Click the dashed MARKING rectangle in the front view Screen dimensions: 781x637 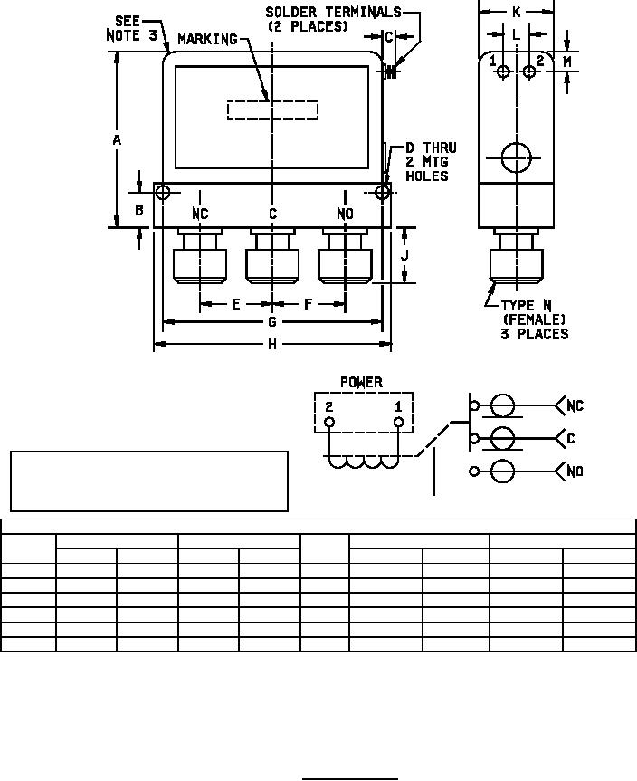coord(272,110)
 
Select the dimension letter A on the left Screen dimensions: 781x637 coord(117,140)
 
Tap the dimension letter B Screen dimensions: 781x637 coord(139,210)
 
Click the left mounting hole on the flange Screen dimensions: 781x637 coord(162,192)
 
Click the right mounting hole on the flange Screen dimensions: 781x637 coord(383,192)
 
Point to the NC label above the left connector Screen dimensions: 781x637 coord(200,214)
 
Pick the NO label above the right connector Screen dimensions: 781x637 coord(345,214)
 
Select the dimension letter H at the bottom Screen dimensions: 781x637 coord(272,345)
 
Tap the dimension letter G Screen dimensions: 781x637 coord(272,321)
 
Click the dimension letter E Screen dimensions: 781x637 coord(236,304)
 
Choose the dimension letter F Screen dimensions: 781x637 coord(309,304)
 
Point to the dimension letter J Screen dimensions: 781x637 coord(404,255)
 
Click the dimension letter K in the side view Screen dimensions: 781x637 coord(516,12)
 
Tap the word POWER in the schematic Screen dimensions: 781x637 coord(361,382)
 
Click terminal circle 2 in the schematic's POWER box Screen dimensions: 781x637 coord(329,422)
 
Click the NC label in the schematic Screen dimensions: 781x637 coord(575,405)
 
